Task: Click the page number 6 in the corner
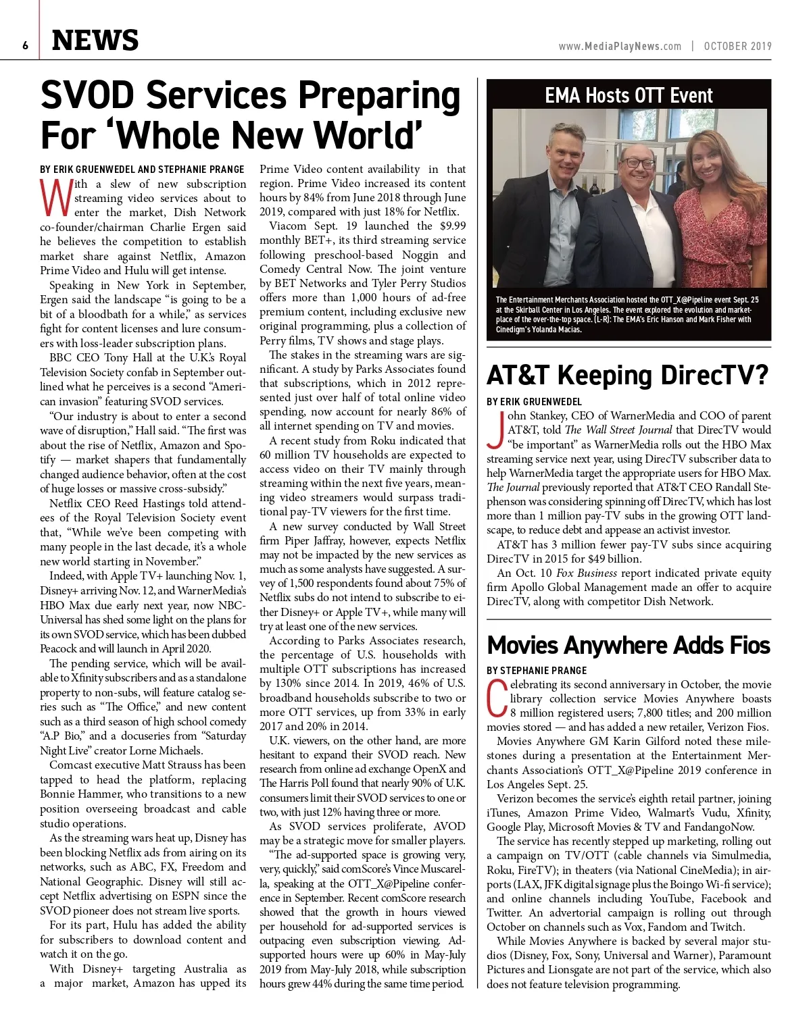24,45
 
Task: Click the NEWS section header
95,41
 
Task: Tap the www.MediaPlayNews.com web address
620,46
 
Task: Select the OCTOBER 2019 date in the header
737,46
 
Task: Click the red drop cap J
495,430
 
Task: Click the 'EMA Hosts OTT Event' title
629,95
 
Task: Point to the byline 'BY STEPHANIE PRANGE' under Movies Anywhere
537,671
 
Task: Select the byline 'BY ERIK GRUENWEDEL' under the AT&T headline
534,402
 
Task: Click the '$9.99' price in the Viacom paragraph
452,226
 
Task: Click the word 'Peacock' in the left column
59,648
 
